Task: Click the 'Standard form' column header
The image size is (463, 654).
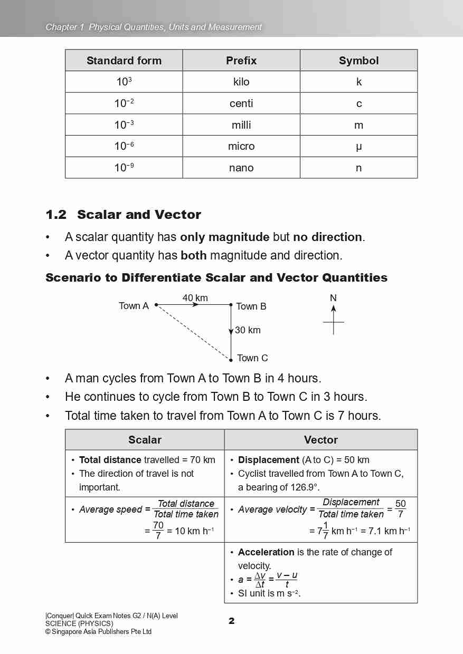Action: pyautogui.click(x=124, y=61)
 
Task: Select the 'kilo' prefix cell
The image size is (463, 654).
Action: pyautogui.click(x=241, y=82)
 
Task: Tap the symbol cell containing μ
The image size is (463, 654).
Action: pyautogui.click(x=358, y=146)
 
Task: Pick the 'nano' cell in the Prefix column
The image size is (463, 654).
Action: pyautogui.click(x=241, y=168)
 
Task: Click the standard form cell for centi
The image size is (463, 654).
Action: pyautogui.click(x=124, y=103)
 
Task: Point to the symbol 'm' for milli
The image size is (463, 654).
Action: pyautogui.click(x=358, y=125)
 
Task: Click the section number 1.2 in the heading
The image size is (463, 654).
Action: pyautogui.click(x=56, y=215)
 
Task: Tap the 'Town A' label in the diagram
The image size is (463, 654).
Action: pyautogui.click(x=134, y=306)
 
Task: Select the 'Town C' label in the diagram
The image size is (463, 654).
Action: pyautogui.click(x=252, y=358)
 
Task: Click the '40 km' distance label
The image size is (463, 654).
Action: pyautogui.click(x=195, y=298)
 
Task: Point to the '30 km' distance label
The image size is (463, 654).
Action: pyautogui.click(x=248, y=330)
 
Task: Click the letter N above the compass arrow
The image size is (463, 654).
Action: pyautogui.click(x=333, y=298)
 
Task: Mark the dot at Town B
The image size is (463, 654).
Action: pyautogui.click(x=231, y=305)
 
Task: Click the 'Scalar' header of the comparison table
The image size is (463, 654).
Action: pyautogui.click(x=145, y=440)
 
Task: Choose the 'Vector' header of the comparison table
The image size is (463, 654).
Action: pyautogui.click(x=320, y=440)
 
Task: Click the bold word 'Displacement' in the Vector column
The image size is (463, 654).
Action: pyautogui.click(x=268, y=460)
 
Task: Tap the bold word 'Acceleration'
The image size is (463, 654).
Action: pyautogui.click(x=266, y=552)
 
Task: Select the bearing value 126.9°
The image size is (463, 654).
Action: pyautogui.click(x=302, y=487)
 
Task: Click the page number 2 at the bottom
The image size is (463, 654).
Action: pyautogui.click(x=231, y=621)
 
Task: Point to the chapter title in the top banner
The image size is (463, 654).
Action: pyautogui.click(x=154, y=27)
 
